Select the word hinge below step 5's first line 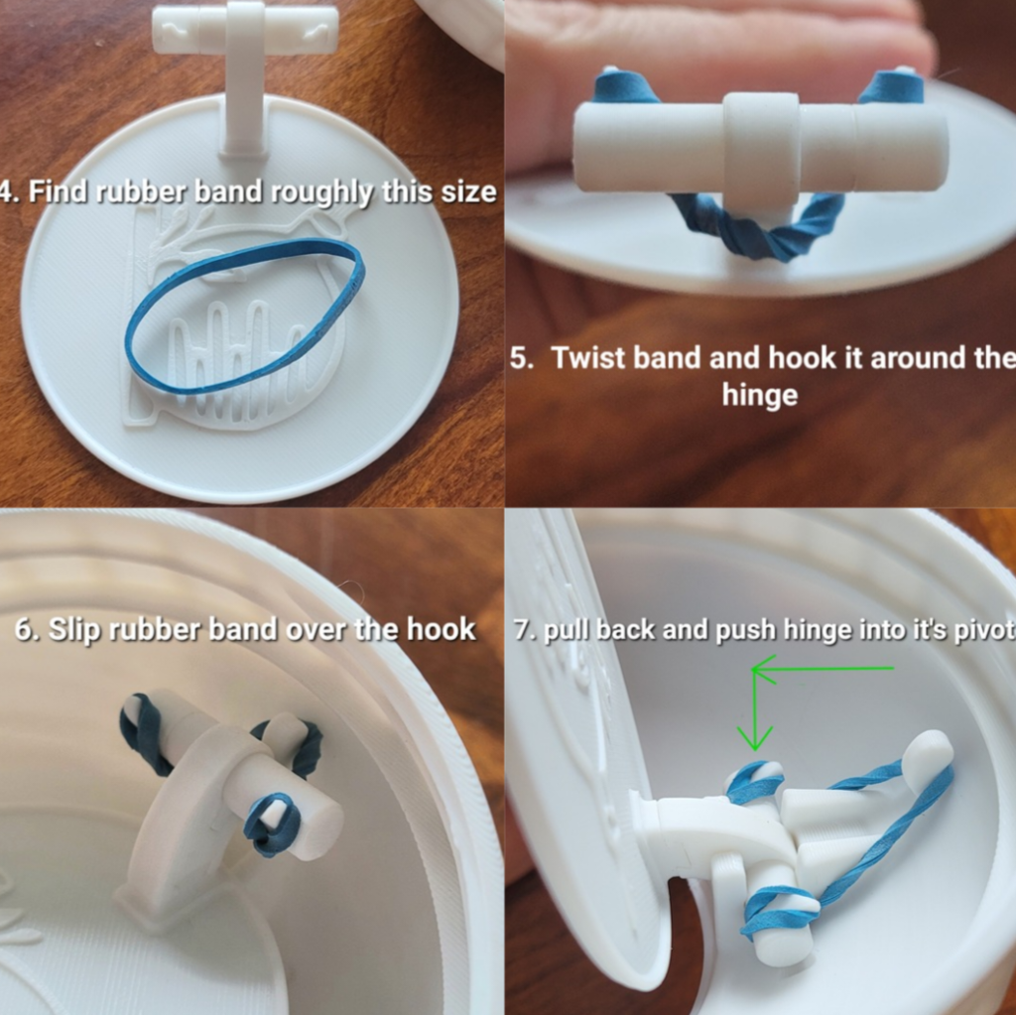760,395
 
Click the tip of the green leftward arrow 755,670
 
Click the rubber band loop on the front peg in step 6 271,824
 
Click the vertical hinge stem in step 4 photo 244,99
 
